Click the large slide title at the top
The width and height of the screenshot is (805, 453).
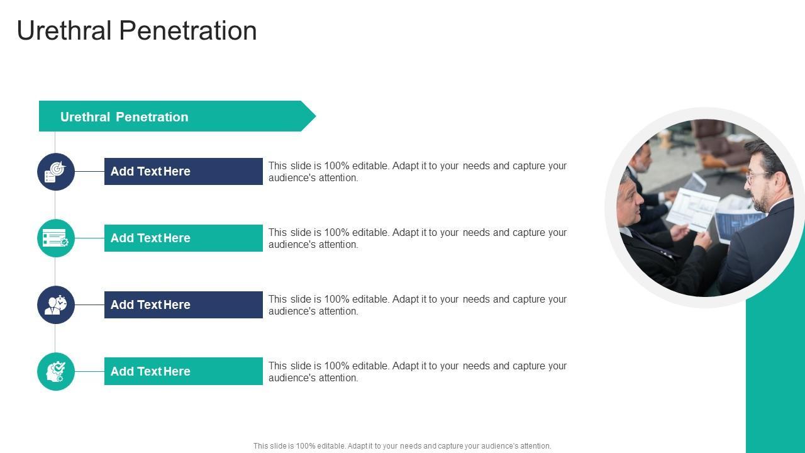(x=137, y=31)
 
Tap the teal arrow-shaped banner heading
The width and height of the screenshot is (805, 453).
(x=177, y=116)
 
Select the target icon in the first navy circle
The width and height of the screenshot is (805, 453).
(x=56, y=172)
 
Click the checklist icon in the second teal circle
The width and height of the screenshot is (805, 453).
(x=56, y=238)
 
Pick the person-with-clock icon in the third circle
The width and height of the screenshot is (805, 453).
(x=56, y=305)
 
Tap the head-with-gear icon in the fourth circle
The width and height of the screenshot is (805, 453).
(x=56, y=371)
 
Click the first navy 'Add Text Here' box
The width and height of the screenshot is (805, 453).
(x=183, y=172)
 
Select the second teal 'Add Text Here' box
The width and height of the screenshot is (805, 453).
(x=183, y=238)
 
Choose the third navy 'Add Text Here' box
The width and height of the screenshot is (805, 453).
(x=183, y=305)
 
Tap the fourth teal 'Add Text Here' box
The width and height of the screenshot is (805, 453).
(x=183, y=371)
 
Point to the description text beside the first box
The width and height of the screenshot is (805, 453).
(x=418, y=172)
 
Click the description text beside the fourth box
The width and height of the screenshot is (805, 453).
(x=418, y=372)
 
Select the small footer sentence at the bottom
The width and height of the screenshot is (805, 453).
(x=402, y=446)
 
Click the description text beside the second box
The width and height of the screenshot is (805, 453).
(x=418, y=238)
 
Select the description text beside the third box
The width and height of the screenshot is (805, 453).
(x=418, y=305)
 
